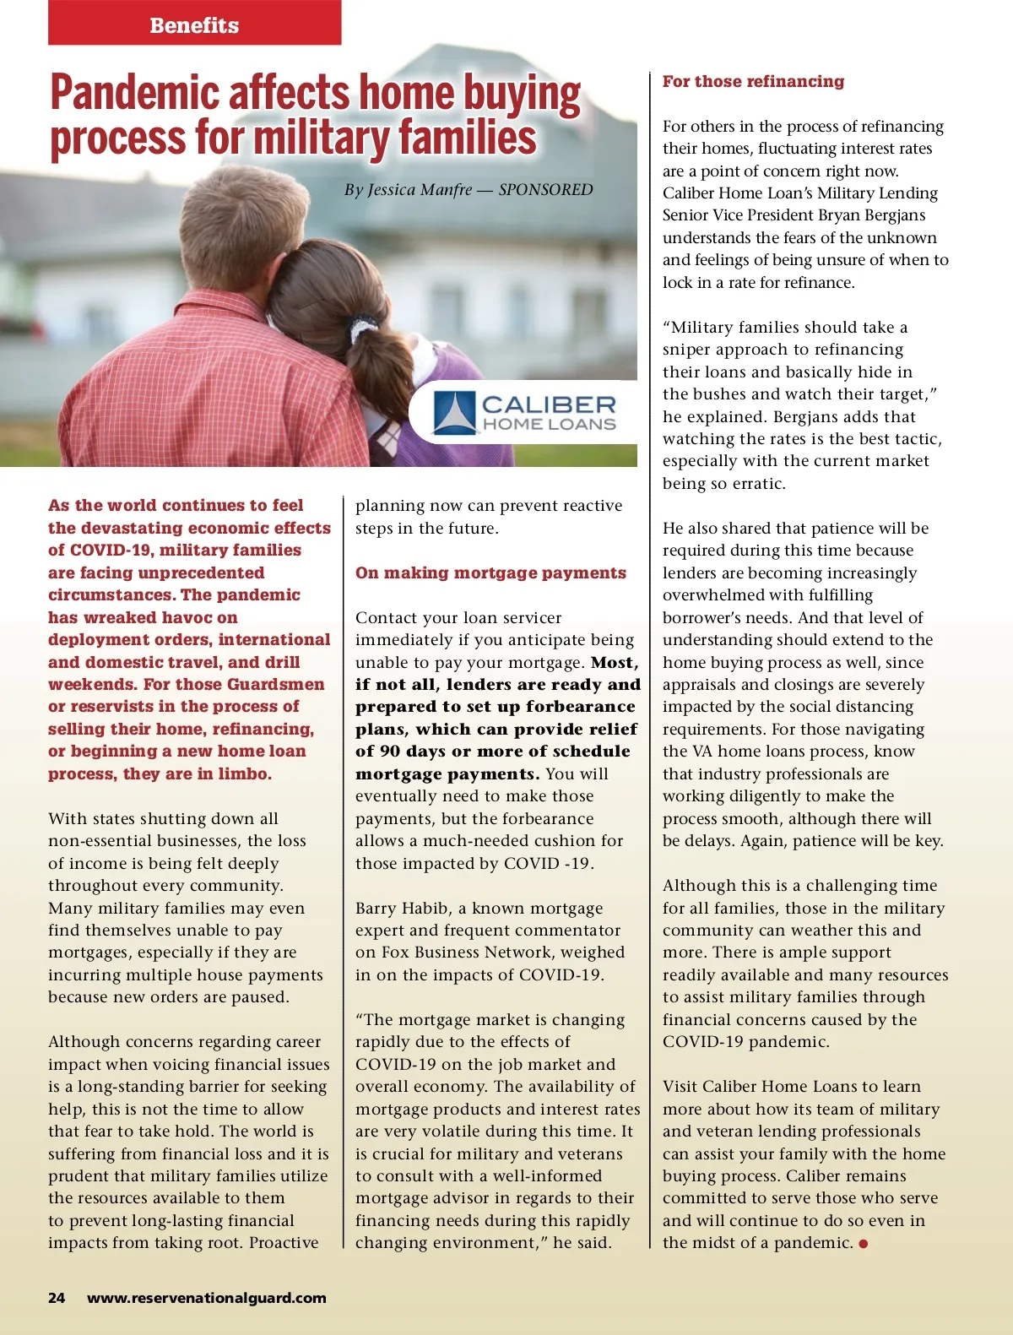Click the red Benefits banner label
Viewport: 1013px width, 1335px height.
tap(194, 25)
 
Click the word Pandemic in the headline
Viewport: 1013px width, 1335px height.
tap(135, 93)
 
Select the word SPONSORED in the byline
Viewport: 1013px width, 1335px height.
tap(545, 190)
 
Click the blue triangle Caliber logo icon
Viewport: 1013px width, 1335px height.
tap(454, 412)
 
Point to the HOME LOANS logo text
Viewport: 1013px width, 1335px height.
tap(549, 425)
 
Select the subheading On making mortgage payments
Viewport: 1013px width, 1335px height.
tap(490, 573)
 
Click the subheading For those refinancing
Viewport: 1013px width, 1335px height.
tap(753, 82)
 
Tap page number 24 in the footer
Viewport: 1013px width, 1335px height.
tap(57, 1298)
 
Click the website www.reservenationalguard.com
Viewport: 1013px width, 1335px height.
tap(207, 1298)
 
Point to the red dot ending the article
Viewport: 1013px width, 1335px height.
tap(864, 1244)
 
